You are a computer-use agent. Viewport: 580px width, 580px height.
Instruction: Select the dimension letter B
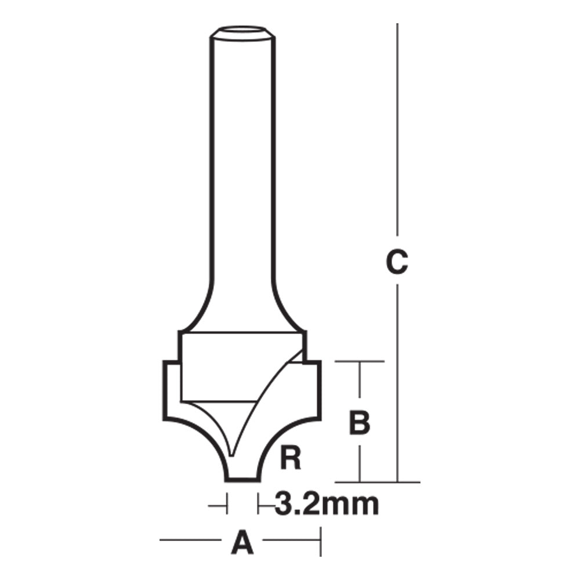point(360,422)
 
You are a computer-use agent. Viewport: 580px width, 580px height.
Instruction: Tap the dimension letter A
point(243,543)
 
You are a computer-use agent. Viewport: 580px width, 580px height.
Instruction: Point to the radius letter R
point(290,459)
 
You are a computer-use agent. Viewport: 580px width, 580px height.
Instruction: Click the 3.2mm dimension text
point(327,505)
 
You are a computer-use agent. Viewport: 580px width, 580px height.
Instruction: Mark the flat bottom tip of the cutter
point(242,479)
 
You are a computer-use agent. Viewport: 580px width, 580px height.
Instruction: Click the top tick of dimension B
point(360,362)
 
